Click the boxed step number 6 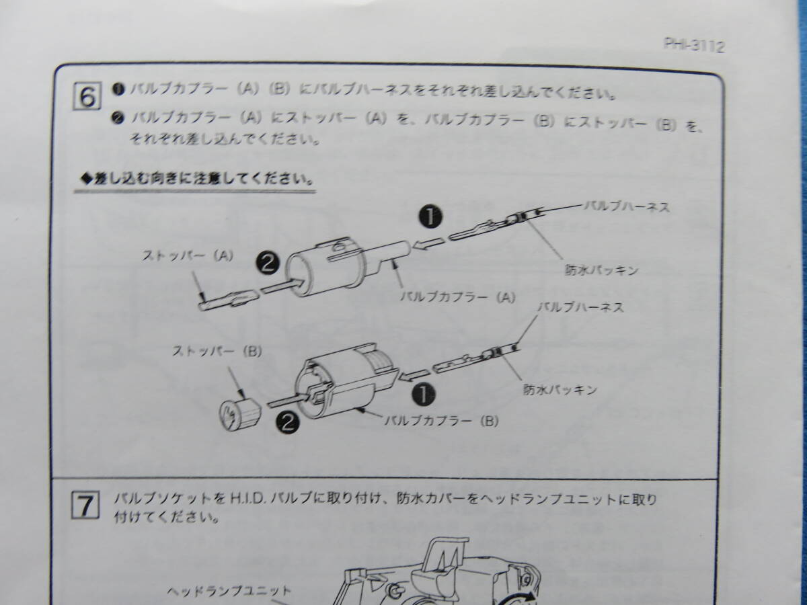click(87, 96)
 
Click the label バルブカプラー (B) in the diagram click(440, 421)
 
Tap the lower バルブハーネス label click(582, 308)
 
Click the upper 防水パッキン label click(600, 271)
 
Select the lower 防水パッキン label click(560, 390)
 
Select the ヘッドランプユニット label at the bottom click(229, 592)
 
